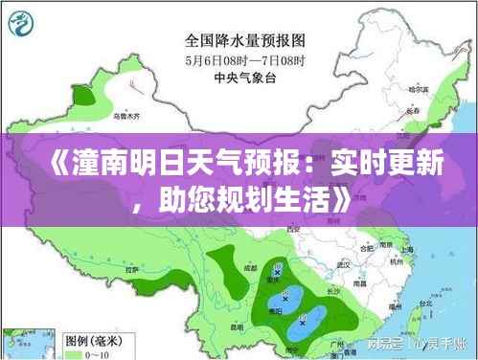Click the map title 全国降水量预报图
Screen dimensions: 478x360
pos(244,42)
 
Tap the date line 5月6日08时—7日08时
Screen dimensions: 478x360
pos(243,61)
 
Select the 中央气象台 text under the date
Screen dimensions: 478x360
pos(242,79)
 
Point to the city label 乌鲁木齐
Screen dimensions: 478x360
pos(125,116)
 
